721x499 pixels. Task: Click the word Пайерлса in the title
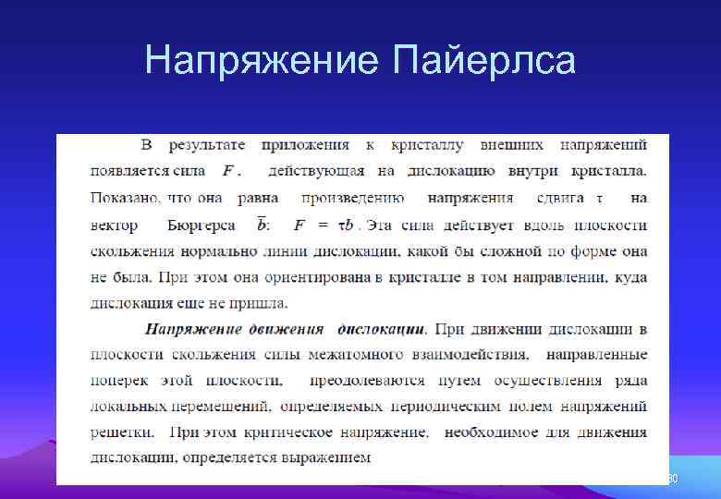pyautogui.click(x=483, y=61)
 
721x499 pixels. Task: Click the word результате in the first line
pyautogui.click(x=205, y=145)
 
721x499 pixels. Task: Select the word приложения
pyautogui.click(x=305, y=145)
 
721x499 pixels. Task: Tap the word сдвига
pyautogui.click(x=560, y=198)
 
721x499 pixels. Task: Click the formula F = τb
pyautogui.click(x=325, y=225)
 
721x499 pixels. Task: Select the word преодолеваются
pyautogui.click(x=367, y=381)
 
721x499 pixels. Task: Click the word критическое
pyautogui.click(x=293, y=432)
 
